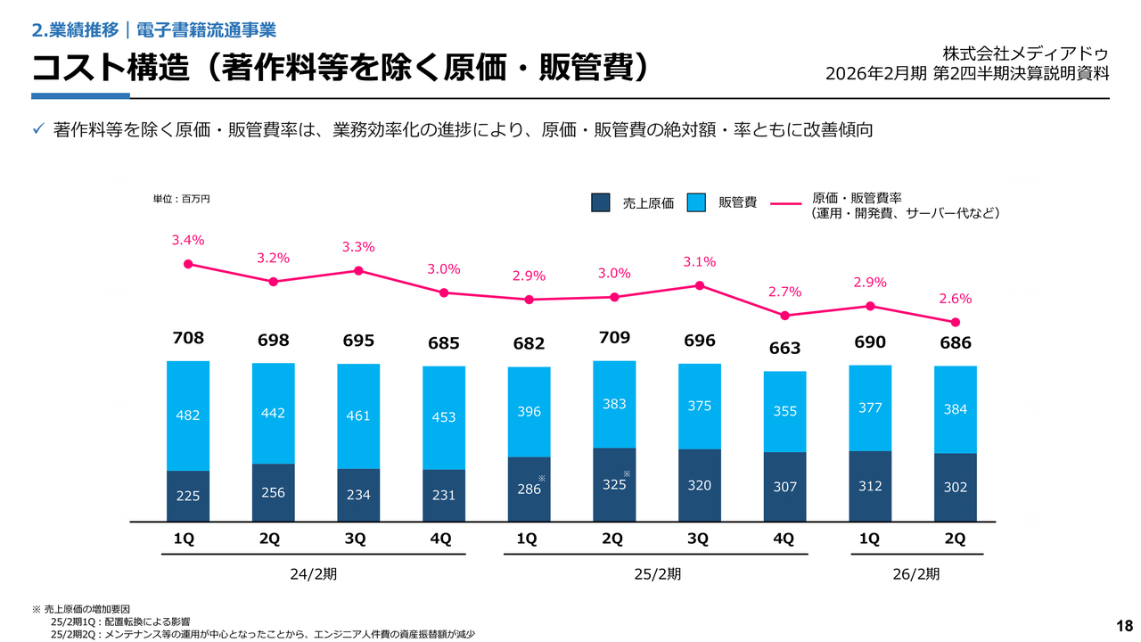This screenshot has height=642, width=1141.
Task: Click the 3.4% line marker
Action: [x=188, y=264]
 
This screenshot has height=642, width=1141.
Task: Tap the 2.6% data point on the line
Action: [x=956, y=322]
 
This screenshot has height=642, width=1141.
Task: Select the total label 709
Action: [x=614, y=338]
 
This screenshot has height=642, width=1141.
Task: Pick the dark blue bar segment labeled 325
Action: [x=614, y=485]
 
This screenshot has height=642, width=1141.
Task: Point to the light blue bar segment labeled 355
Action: [x=785, y=411]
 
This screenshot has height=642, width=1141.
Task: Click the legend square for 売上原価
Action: [x=601, y=203]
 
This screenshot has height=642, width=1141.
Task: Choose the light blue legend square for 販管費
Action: [x=697, y=203]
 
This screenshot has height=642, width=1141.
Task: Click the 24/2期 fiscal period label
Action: [x=314, y=574]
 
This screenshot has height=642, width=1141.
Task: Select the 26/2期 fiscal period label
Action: [x=915, y=574]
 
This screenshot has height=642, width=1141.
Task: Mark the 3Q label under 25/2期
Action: [x=698, y=539]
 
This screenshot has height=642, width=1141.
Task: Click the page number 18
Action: [x=1124, y=625]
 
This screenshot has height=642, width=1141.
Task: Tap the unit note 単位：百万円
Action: [x=182, y=199]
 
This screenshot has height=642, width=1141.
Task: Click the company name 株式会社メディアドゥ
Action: [x=1026, y=53]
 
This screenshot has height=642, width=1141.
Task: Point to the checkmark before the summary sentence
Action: [x=38, y=130]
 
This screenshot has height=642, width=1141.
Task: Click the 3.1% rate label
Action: [x=700, y=261]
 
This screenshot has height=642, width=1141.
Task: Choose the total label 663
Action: [x=785, y=349]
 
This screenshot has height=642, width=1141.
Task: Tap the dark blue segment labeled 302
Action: [x=956, y=488]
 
